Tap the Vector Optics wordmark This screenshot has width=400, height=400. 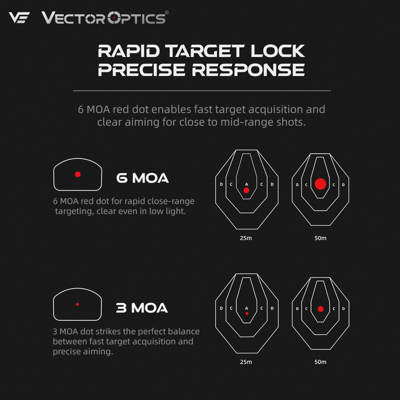[104, 18]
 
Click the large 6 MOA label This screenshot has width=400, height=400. [142, 178]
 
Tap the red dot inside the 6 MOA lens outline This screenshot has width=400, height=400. [77, 174]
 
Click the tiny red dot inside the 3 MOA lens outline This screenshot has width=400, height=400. [77, 304]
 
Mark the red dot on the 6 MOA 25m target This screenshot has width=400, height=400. [246, 190]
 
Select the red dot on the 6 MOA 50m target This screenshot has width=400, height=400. [320, 184]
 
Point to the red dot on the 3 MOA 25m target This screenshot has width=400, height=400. [246, 313]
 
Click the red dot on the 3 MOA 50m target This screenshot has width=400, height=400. [320, 308]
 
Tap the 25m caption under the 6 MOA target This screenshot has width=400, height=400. [245, 237]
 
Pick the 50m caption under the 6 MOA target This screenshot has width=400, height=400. [320, 237]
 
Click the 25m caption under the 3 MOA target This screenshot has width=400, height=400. [245, 361]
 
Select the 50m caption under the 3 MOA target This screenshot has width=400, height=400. [320, 361]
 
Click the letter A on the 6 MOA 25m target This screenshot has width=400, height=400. [246, 184]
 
